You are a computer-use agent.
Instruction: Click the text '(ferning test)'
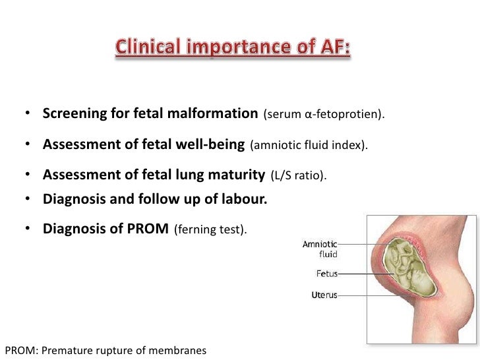(210, 230)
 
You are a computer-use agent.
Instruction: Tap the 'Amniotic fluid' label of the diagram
(320, 249)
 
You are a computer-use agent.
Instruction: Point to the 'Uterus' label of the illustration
(324, 295)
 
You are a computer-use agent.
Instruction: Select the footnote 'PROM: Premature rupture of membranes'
(105, 350)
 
